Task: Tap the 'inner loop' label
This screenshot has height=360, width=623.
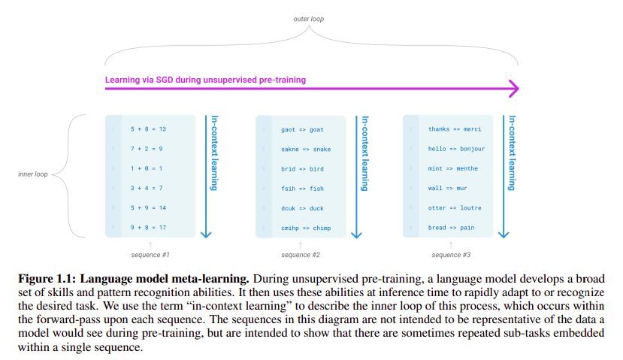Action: coord(32,174)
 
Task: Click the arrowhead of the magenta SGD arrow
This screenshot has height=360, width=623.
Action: coord(513,89)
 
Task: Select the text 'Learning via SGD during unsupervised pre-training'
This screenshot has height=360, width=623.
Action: coord(205,79)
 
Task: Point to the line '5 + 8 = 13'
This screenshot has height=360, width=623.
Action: coord(148,129)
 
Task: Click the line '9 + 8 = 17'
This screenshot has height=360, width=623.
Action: coord(148,227)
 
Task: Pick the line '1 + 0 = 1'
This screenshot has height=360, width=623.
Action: coord(146,168)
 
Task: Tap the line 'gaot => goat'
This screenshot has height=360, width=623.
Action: coord(297,129)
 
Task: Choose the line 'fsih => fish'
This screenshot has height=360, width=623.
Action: coord(297,188)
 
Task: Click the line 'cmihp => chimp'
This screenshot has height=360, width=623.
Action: coord(301,227)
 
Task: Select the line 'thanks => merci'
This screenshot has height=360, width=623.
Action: coord(454,129)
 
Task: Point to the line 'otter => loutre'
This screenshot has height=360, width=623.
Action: coord(454,207)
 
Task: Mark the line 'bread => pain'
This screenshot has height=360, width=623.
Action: coord(451,227)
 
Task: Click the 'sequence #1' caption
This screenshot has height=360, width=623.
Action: coord(150,255)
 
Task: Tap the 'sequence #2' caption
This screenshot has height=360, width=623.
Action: coord(300,255)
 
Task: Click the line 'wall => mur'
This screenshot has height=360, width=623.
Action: coord(448,188)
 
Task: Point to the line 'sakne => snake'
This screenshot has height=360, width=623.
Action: coord(301,149)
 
